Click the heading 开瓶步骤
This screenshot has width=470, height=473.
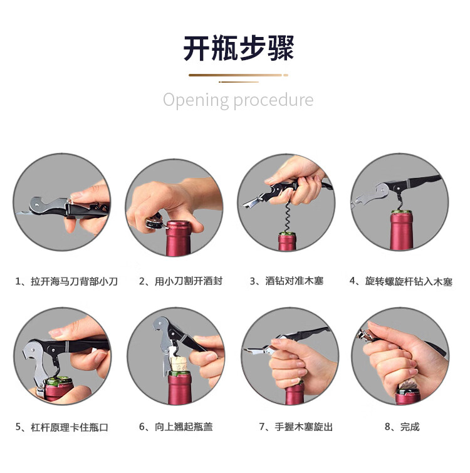point(239,48)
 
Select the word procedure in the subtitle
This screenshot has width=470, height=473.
point(274,100)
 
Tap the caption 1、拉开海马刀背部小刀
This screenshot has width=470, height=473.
point(66,281)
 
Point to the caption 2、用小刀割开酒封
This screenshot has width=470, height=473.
point(180,281)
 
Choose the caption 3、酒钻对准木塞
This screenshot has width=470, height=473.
point(287,281)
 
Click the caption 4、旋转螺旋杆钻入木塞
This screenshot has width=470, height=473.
point(401,281)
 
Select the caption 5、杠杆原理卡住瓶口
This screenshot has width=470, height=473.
point(62,427)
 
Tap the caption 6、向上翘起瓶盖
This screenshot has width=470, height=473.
point(176,427)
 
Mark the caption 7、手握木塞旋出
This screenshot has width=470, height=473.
point(296,427)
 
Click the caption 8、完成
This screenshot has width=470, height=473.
point(402,427)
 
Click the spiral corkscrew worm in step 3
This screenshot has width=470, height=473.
point(287,216)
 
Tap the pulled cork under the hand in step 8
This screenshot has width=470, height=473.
point(408,385)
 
